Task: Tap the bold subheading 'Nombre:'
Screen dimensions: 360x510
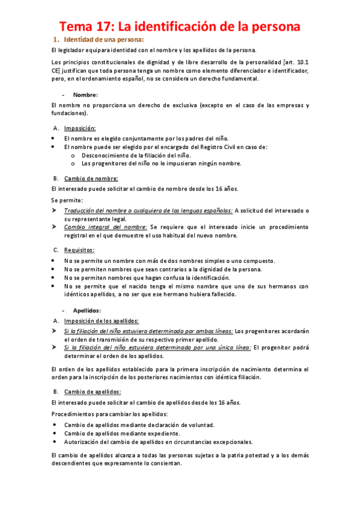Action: (85, 94)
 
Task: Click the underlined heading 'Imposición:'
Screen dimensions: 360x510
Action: (80, 128)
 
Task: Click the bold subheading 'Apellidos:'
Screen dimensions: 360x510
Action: (87, 310)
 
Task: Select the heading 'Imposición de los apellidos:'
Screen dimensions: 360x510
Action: (102, 321)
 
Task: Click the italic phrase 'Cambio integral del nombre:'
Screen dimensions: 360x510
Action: (106, 227)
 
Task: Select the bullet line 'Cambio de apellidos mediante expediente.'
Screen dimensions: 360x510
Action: (121, 432)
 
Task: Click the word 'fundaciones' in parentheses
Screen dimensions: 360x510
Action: (69, 113)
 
